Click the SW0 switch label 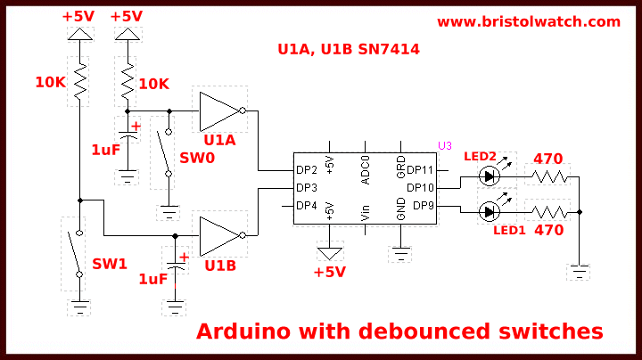(x=197, y=158)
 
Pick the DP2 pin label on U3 (x=307, y=170)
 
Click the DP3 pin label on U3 (x=307, y=188)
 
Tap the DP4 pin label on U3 (x=307, y=206)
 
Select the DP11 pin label (x=420, y=170)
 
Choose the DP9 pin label (x=423, y=206)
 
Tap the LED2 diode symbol (x=489, y=176)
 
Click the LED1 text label (x=509, y=230)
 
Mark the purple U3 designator (x=445, y=145)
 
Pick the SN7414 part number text (x=384, y=51)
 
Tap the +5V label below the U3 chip (x=329, y=272)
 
